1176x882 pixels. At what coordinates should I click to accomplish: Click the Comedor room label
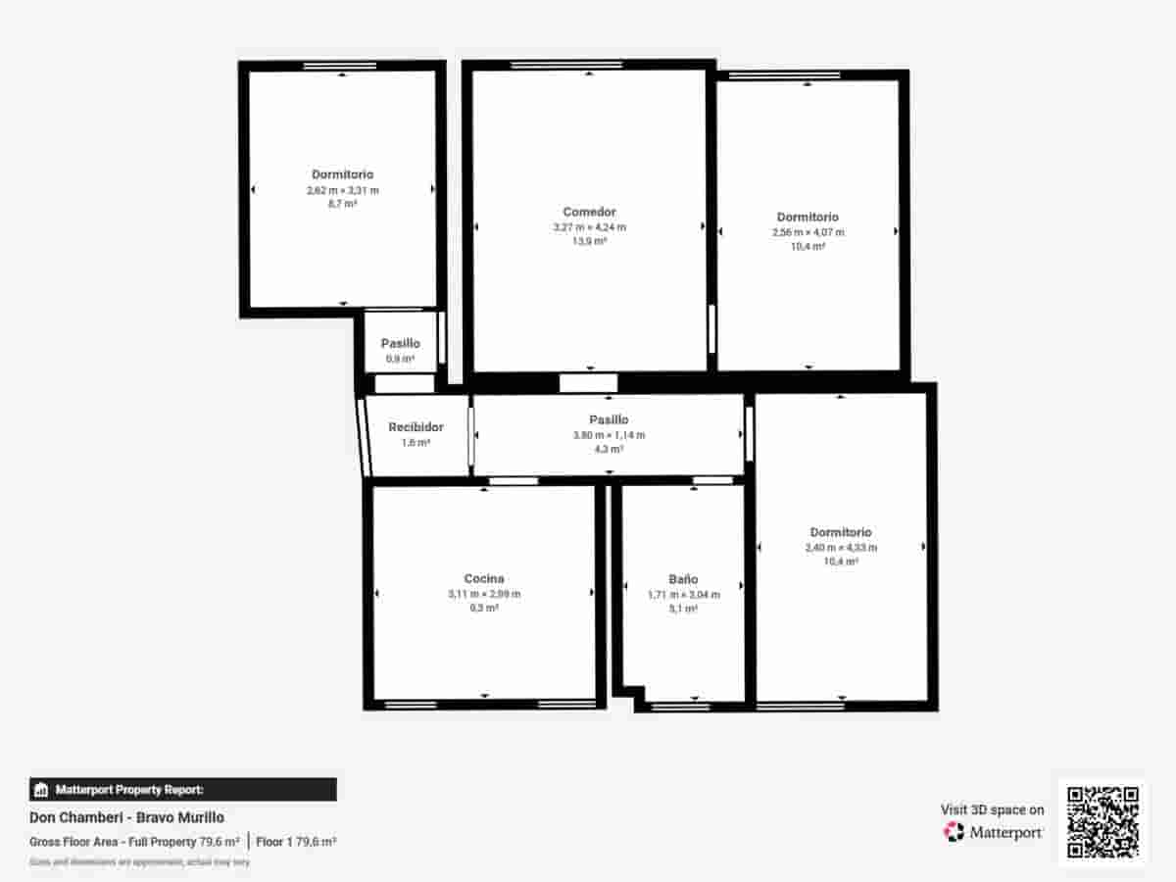(x=589, y=212)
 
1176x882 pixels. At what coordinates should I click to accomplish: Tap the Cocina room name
(x=484, y=578)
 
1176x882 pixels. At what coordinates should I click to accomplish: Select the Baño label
(x=683, y=579)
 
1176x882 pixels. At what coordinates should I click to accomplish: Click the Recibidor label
(x=416, y=427)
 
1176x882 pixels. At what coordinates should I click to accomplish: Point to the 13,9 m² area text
(x=589, y=241)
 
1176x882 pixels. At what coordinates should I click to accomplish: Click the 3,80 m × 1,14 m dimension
(x=609, y=435)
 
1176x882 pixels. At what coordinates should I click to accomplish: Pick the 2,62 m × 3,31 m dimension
(x=342, y=190)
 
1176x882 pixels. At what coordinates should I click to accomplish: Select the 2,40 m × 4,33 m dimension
(x=841, y=548)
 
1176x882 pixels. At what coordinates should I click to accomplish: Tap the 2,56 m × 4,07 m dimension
(x=808, y=232)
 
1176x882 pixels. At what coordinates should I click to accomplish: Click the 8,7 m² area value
(x=342, y=204)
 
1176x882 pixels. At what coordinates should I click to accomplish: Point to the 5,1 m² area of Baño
(x=683, y=609)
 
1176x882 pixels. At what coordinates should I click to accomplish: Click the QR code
(x=1102, y=823)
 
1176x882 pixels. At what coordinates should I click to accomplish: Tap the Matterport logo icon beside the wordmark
(x=954, y=832)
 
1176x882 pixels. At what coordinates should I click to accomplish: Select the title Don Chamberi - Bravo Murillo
(x=126, y=817)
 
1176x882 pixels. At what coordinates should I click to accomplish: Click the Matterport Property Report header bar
(x=183, y=789)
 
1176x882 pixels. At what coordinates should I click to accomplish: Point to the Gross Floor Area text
(x=134, y=842)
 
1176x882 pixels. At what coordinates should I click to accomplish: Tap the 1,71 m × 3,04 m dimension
(x=683, y=594)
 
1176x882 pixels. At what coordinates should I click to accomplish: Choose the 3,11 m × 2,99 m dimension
(x=484, y=594)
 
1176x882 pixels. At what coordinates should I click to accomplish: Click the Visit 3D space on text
(x=992, y=809)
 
